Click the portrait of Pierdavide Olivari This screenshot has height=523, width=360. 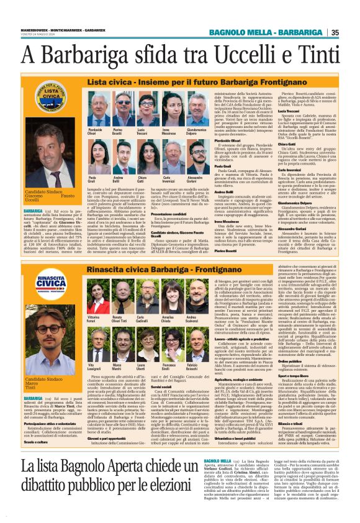[x=100, y=114]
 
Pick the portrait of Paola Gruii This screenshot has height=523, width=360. [x=100, y=160]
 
